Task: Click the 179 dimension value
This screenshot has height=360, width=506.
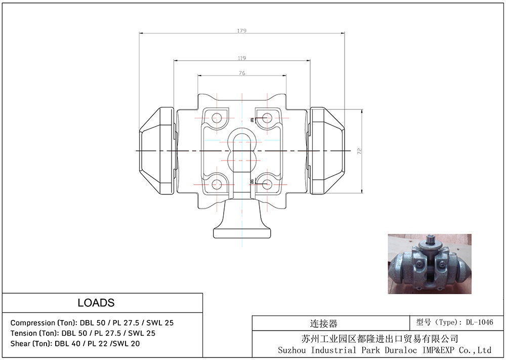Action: click(x=242, y=31)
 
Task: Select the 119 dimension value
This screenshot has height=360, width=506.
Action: click(x=242, y=58)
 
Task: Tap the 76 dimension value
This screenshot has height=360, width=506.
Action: click(x=242, y=73)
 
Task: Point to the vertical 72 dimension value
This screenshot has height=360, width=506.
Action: click(x=360, y=151)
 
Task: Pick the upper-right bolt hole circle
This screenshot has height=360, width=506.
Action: click(x=267, y=117)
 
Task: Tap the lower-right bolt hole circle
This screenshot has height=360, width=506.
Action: click(x=267, y=184)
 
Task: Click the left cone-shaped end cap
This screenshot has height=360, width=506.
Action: click(x=157, y=151)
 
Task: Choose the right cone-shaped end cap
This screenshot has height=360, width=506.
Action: click(x=327, y=151)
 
